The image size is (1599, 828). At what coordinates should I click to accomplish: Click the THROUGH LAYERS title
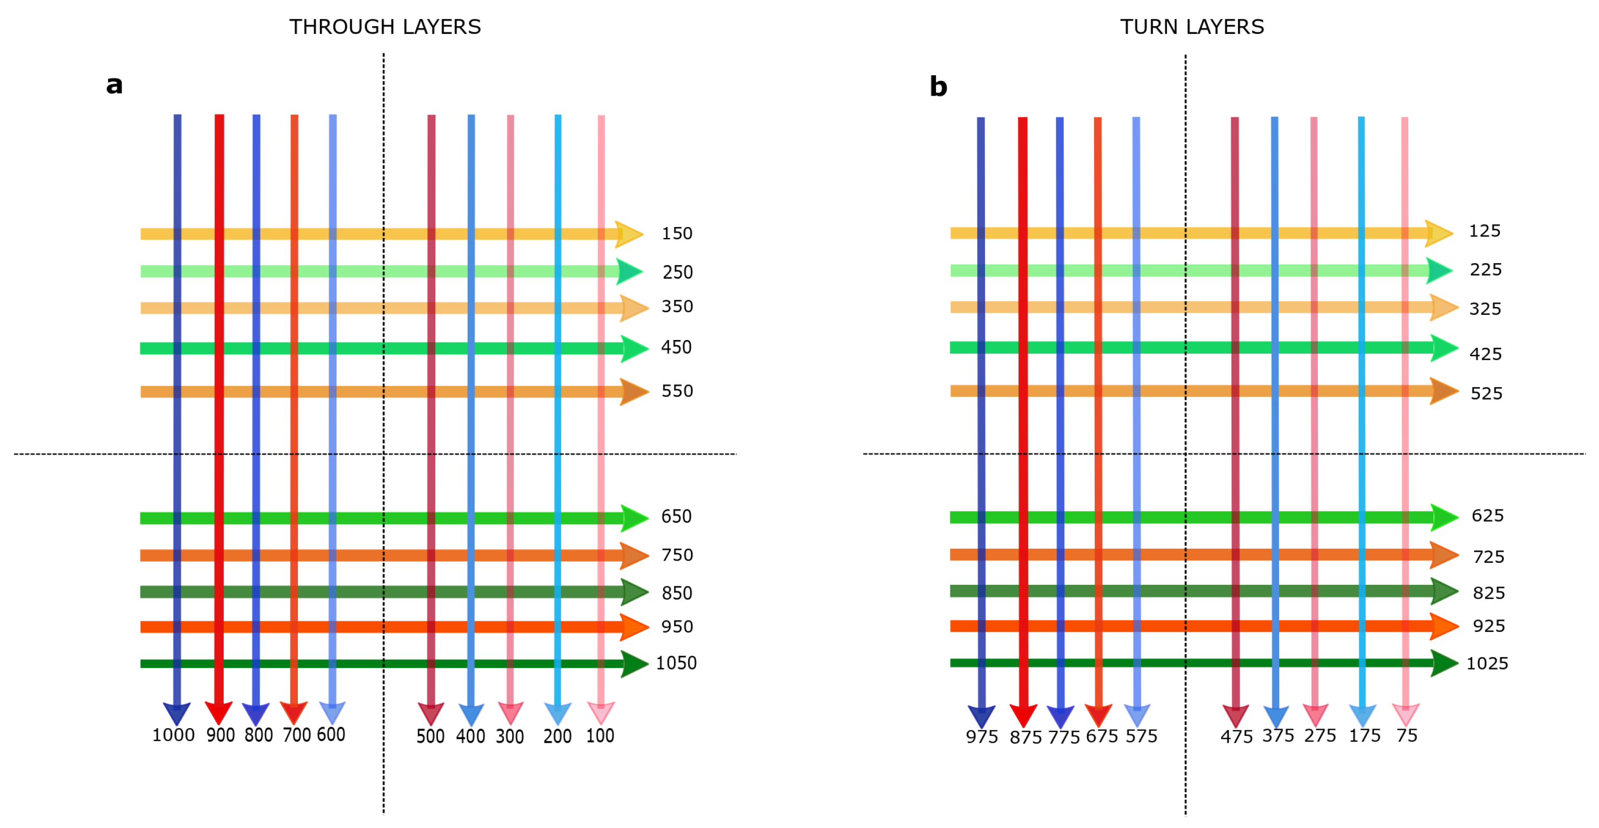click(x=385, y=27)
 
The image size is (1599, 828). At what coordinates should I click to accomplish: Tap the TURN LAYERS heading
click(x=1192, y=27)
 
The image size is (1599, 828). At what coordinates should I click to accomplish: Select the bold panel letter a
click(x=114, y=85)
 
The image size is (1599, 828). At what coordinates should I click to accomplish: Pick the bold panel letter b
click(x=938, y=86)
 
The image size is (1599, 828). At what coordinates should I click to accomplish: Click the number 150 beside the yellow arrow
click(x=677, y=234)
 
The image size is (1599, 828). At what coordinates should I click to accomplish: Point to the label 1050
click(x=676, y=663)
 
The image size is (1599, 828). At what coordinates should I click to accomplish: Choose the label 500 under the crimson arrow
click(x=430, y=736)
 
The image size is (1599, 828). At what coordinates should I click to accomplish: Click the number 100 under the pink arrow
click(x=600, y=736)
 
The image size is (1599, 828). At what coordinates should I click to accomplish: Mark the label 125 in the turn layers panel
click(x=1484, y=231)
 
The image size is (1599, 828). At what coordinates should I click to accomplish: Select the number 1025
click(x=1487, y=664)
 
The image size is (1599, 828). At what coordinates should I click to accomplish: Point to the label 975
click(x=981, y=738)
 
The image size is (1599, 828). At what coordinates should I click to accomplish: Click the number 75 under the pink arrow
click(x=1407, y=736)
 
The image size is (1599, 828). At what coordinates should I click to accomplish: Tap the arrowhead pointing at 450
click(x=634, y=348)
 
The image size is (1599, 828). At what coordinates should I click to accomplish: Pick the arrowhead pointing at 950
click(x=634, y=627)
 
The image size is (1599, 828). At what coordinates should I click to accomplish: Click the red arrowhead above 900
click(x=218, y=712)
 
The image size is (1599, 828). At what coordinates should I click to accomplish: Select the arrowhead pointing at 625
click(x=1444, y=517)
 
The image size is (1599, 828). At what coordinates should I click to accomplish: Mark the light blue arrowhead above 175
click(x=1362, y=716)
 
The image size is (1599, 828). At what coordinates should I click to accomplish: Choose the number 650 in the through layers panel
click(x=676, y=517)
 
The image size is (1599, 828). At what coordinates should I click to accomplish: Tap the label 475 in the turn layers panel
click(x=1236, y=738)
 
